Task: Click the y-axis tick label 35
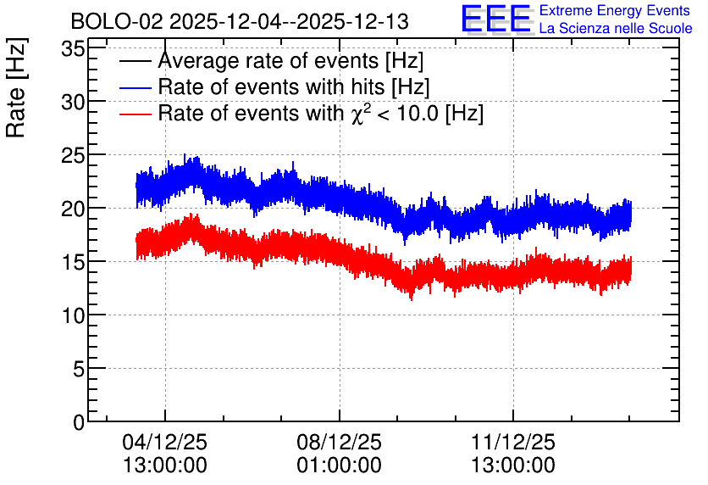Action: point(73,49)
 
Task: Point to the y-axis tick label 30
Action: point(73,102)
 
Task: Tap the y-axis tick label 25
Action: point(73,155)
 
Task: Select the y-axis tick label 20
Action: point(73,209)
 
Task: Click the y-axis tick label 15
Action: point(73,262)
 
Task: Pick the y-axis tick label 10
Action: point(73,315)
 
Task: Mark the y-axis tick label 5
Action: point(79,369)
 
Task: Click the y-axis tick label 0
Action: point(79,422)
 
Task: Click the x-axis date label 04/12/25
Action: point(165,442)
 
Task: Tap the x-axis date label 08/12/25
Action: point(339,442)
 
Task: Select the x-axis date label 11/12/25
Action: point(513,442)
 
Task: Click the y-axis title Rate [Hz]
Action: point(17,88)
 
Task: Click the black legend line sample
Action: point(135,61)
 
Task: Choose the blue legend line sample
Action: point(135,87)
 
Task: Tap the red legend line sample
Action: point(135,114)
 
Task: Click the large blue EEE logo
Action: point(495,19)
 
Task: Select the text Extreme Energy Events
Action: point(615,10)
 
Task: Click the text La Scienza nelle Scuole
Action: point(616,28)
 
